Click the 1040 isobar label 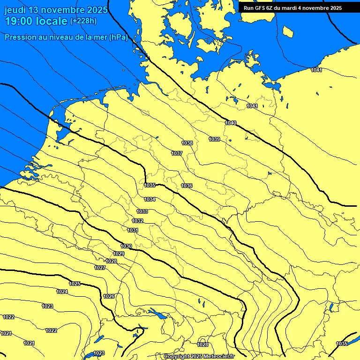(231, 123)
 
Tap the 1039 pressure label (214, 139)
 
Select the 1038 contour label (187, 143)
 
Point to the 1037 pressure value (177, 153)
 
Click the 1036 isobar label (187, 186)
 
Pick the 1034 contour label (150, 199)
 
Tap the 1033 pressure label (142, 211)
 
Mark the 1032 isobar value (137, 221)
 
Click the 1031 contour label (133, 230)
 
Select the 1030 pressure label (126, 246)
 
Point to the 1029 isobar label (119, 254)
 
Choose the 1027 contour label (100, 268)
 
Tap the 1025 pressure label (75, 284)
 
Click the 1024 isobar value (62, 292)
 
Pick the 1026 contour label (109, 296)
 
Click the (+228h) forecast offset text (83, 21)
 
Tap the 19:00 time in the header (18, 22)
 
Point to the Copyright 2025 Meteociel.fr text (199, 357)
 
